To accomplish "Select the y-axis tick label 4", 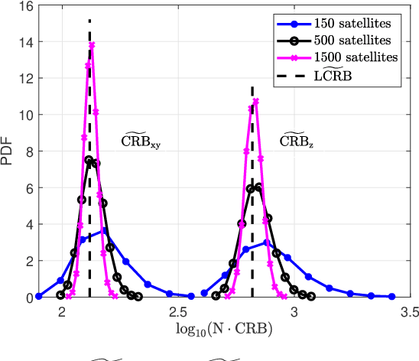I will pyautogui.click(x=26, y=225).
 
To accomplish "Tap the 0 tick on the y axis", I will pyautogui.click(x=26, y=298).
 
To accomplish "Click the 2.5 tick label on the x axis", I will pyautogui.click(x=178, y=311).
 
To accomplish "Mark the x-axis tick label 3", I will pyautogui.click(x=294, y=311).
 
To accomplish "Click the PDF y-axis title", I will pyautogui.click(x=8, y=152).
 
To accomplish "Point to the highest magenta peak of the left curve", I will pyautogui.click(x=93, y=45).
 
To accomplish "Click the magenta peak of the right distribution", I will pyautogui.click(x=255, y=101).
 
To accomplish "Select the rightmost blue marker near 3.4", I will pyautogui.click(x=391, y=297).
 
